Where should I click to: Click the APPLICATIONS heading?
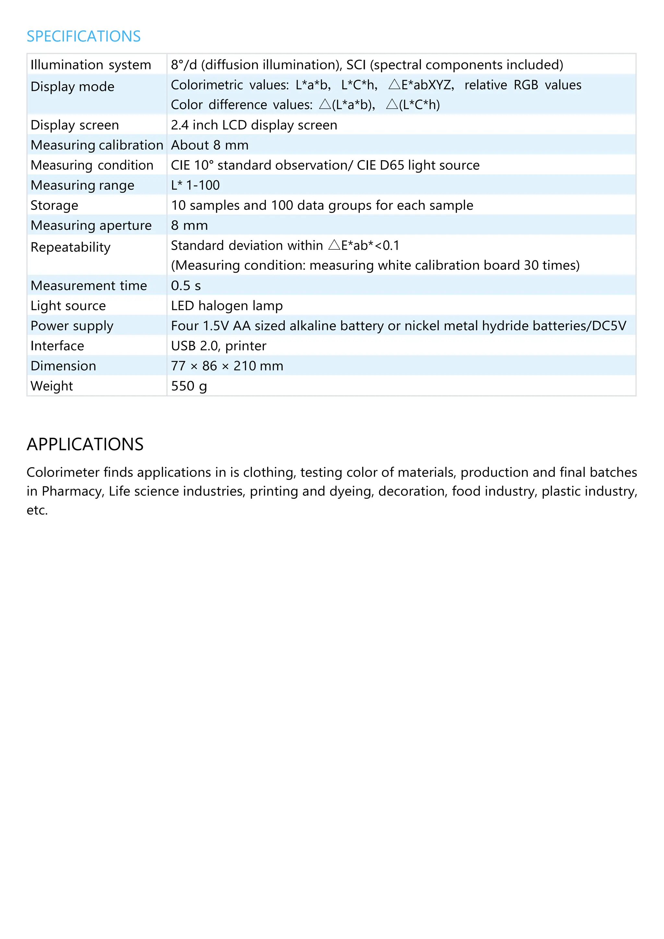pyautogui.click(x=85, y=444)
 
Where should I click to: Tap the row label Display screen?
pyautogui.click(x=75, y=125)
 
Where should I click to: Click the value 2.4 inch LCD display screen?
pyautogui.click(x=254, y=125)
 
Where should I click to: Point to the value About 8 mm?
pyautogui.click(x=209, y=145)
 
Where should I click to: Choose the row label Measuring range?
pyautogui.click(x=82, y=185)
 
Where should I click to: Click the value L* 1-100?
pyautogui.click(x=195, y=185)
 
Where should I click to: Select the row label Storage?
pyautogui.click(x=54, y=205)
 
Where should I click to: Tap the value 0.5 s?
pyautogui.click(x=186, y=285)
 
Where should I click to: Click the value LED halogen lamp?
pyautogui.click(x=227, y=305)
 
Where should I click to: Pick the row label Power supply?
pyautogui.click(x=72, y=326)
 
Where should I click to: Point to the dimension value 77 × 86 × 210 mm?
pyautogui.click(x=227, y=366)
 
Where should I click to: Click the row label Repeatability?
pyautogui.click(x=70, y=247)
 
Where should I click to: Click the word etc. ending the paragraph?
pyautogui.click(x=37, y=510)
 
